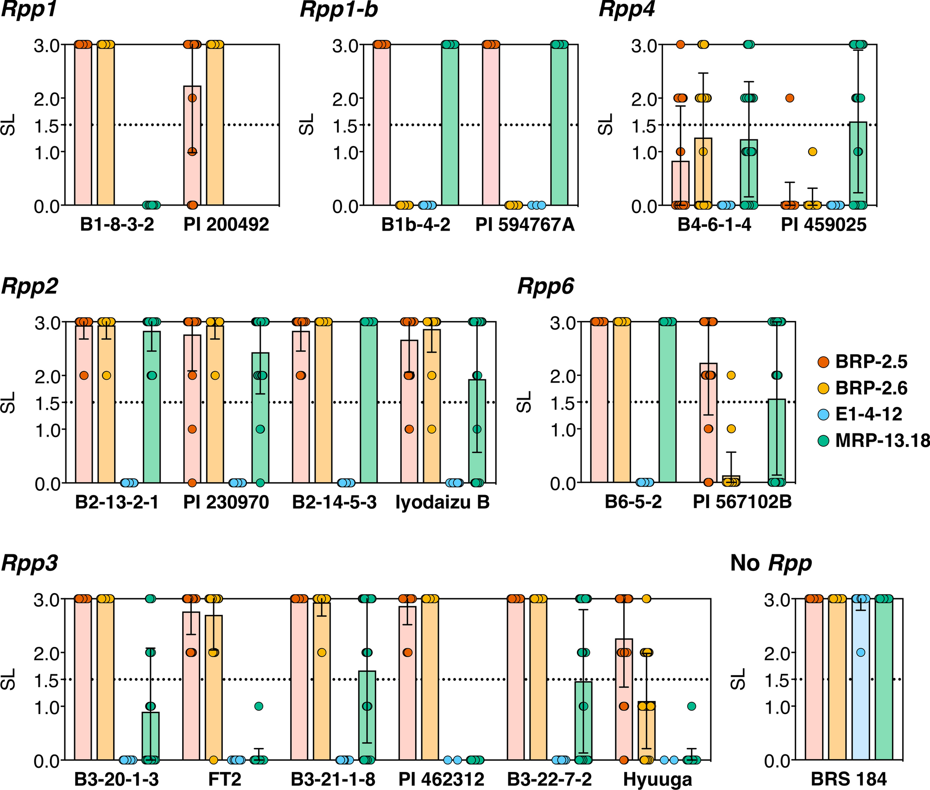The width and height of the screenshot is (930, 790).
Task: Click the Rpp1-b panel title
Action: tap(339, 10)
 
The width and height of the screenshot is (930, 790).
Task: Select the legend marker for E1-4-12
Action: tap(823, 414)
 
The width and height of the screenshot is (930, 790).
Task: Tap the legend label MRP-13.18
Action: tap(882, 440)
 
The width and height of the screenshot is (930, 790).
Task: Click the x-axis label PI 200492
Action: tap(226, 225)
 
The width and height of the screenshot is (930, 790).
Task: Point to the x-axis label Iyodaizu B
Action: tap(443, 502)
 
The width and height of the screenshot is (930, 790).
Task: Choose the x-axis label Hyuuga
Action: tap(657, 779)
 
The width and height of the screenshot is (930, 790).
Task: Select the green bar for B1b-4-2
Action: tap(450, 125)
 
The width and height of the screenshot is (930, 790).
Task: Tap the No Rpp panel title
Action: tap(771, 563)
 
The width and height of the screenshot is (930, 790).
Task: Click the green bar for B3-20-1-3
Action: tap(150, 736)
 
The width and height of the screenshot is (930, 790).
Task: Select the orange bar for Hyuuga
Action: tap(646, 732)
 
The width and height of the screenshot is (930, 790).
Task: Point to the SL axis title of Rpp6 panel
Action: tap(525, 402)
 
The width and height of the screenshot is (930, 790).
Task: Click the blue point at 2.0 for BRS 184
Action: tap(860, 652)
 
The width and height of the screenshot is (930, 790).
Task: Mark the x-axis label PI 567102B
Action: tap(742, 502)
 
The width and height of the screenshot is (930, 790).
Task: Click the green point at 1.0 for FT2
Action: tap(259, 706)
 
